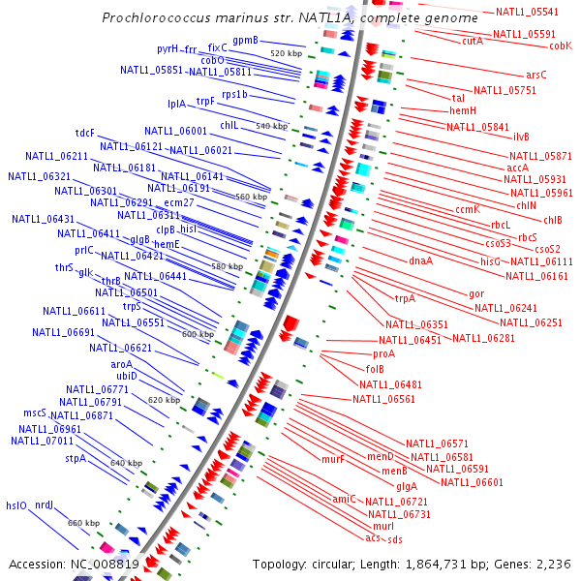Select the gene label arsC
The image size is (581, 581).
coord(536,75)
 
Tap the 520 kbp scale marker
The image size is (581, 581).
coord(286,53)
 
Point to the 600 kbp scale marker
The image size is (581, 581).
coord(198,334)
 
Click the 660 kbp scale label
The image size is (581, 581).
coord(83,523)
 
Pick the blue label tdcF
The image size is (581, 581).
coord(84,133)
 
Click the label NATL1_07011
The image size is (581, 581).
coord(42,441)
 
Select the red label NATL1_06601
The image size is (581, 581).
coord(472,482)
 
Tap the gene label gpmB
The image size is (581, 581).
coord(245,41)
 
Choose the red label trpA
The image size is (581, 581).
coord(405,298)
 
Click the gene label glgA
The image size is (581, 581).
coord(407,485)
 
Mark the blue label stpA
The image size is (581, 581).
coord(76,458)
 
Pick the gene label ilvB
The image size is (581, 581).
coord(522,137)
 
